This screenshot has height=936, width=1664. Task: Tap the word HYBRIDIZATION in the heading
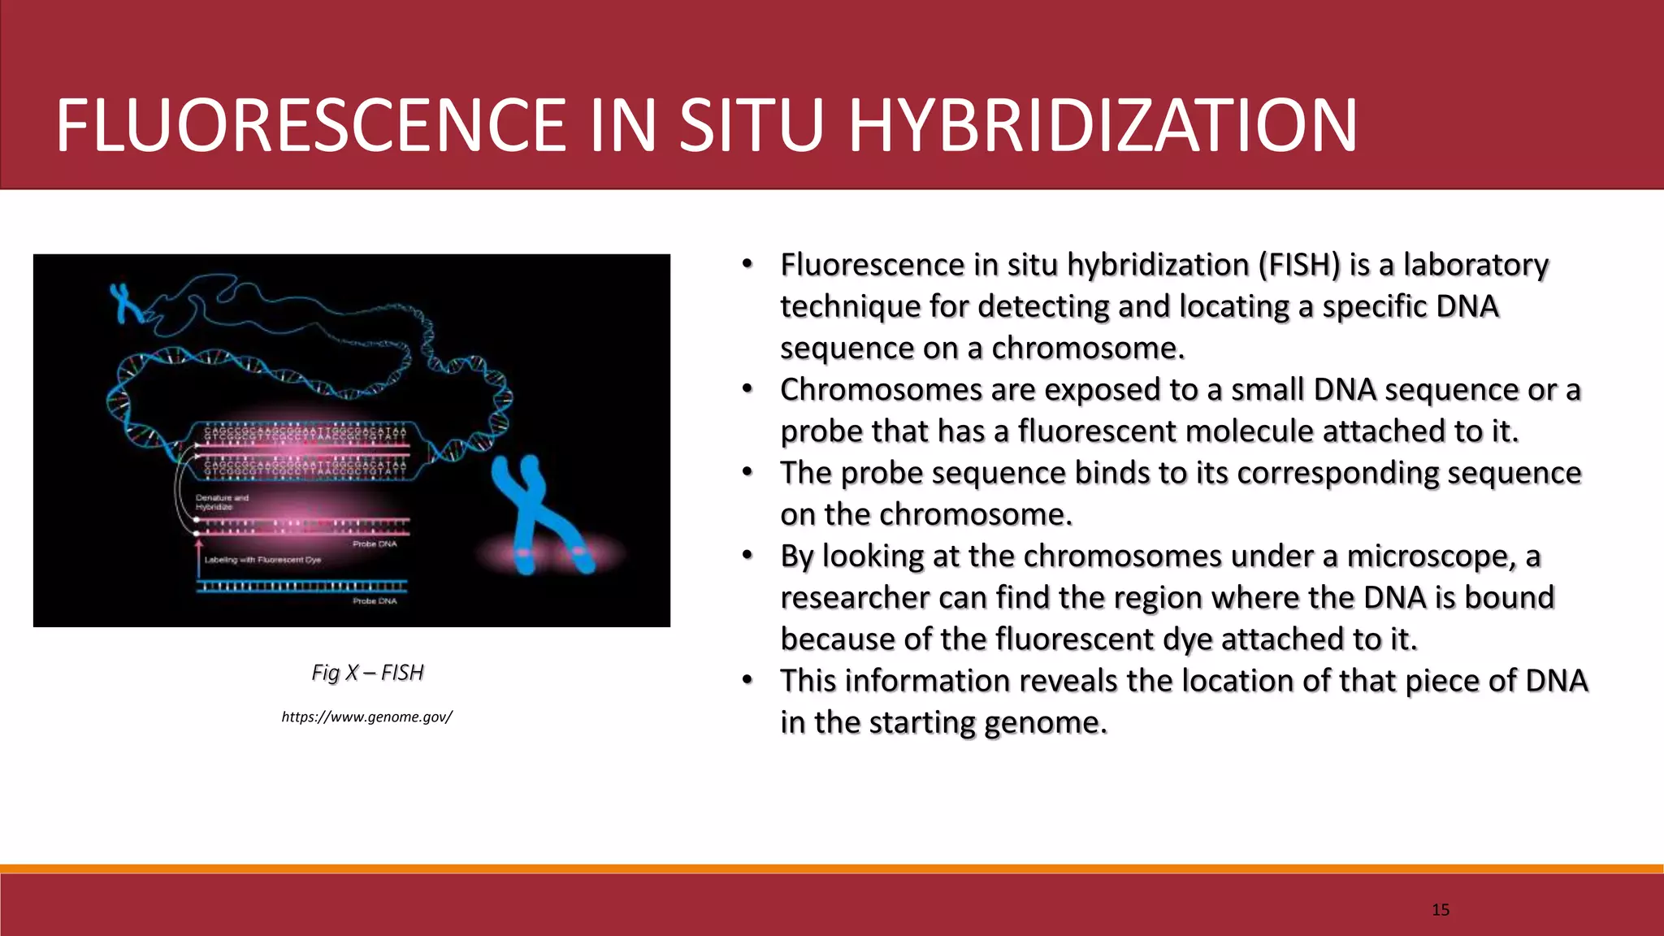click(1103, 125)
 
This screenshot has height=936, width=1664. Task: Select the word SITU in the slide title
click(752, 125)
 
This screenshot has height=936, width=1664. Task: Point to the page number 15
click(1441, 909)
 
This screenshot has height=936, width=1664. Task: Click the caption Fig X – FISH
click(367, 673)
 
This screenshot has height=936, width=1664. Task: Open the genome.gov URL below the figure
click(366, 717)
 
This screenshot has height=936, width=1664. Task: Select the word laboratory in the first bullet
click(1475, 265)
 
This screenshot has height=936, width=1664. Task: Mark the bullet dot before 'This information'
click(747, 680)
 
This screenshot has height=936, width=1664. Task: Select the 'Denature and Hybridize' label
click(221, 502)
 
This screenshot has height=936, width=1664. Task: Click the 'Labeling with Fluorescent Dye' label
click(262, 560)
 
